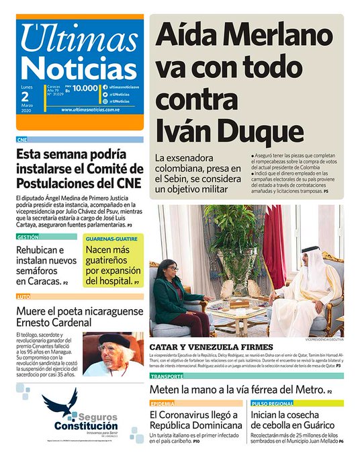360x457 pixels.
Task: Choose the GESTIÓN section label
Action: [x=28, y=237]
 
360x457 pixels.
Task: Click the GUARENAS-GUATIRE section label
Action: [x=112, y=237]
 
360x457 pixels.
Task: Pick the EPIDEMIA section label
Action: [x=163, y=403]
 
